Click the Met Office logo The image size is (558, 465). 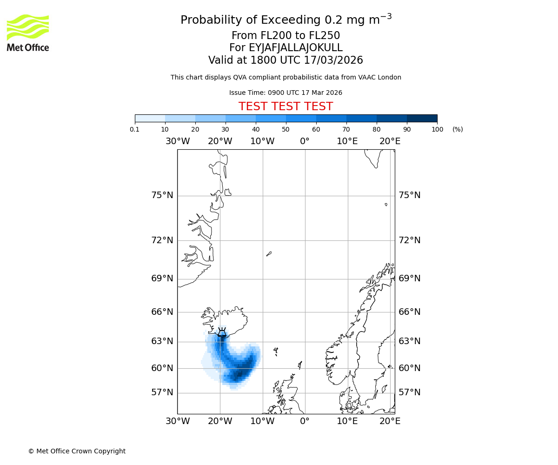[28, 33]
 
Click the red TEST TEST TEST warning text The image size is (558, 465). [286, 106]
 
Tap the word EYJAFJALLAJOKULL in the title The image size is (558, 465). [286, 48]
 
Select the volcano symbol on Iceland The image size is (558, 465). [222, 332]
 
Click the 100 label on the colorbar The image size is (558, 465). [437, 129]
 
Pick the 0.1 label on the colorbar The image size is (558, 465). [135, 129]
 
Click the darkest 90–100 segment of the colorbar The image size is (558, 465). [422, 118]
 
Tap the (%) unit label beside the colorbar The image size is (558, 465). [458, 129]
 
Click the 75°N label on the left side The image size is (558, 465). [162, 195]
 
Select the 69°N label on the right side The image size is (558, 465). [409, 279]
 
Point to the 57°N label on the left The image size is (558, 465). [162, 392]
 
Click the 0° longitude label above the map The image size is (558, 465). [305, 141]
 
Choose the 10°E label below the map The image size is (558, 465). [347, 421]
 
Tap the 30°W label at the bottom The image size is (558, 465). [177, 421]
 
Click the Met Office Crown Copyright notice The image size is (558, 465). [77, 451]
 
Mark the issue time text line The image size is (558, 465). [286, 93]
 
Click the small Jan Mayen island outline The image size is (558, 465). [269, 254]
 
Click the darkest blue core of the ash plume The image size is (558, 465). [239, 373]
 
